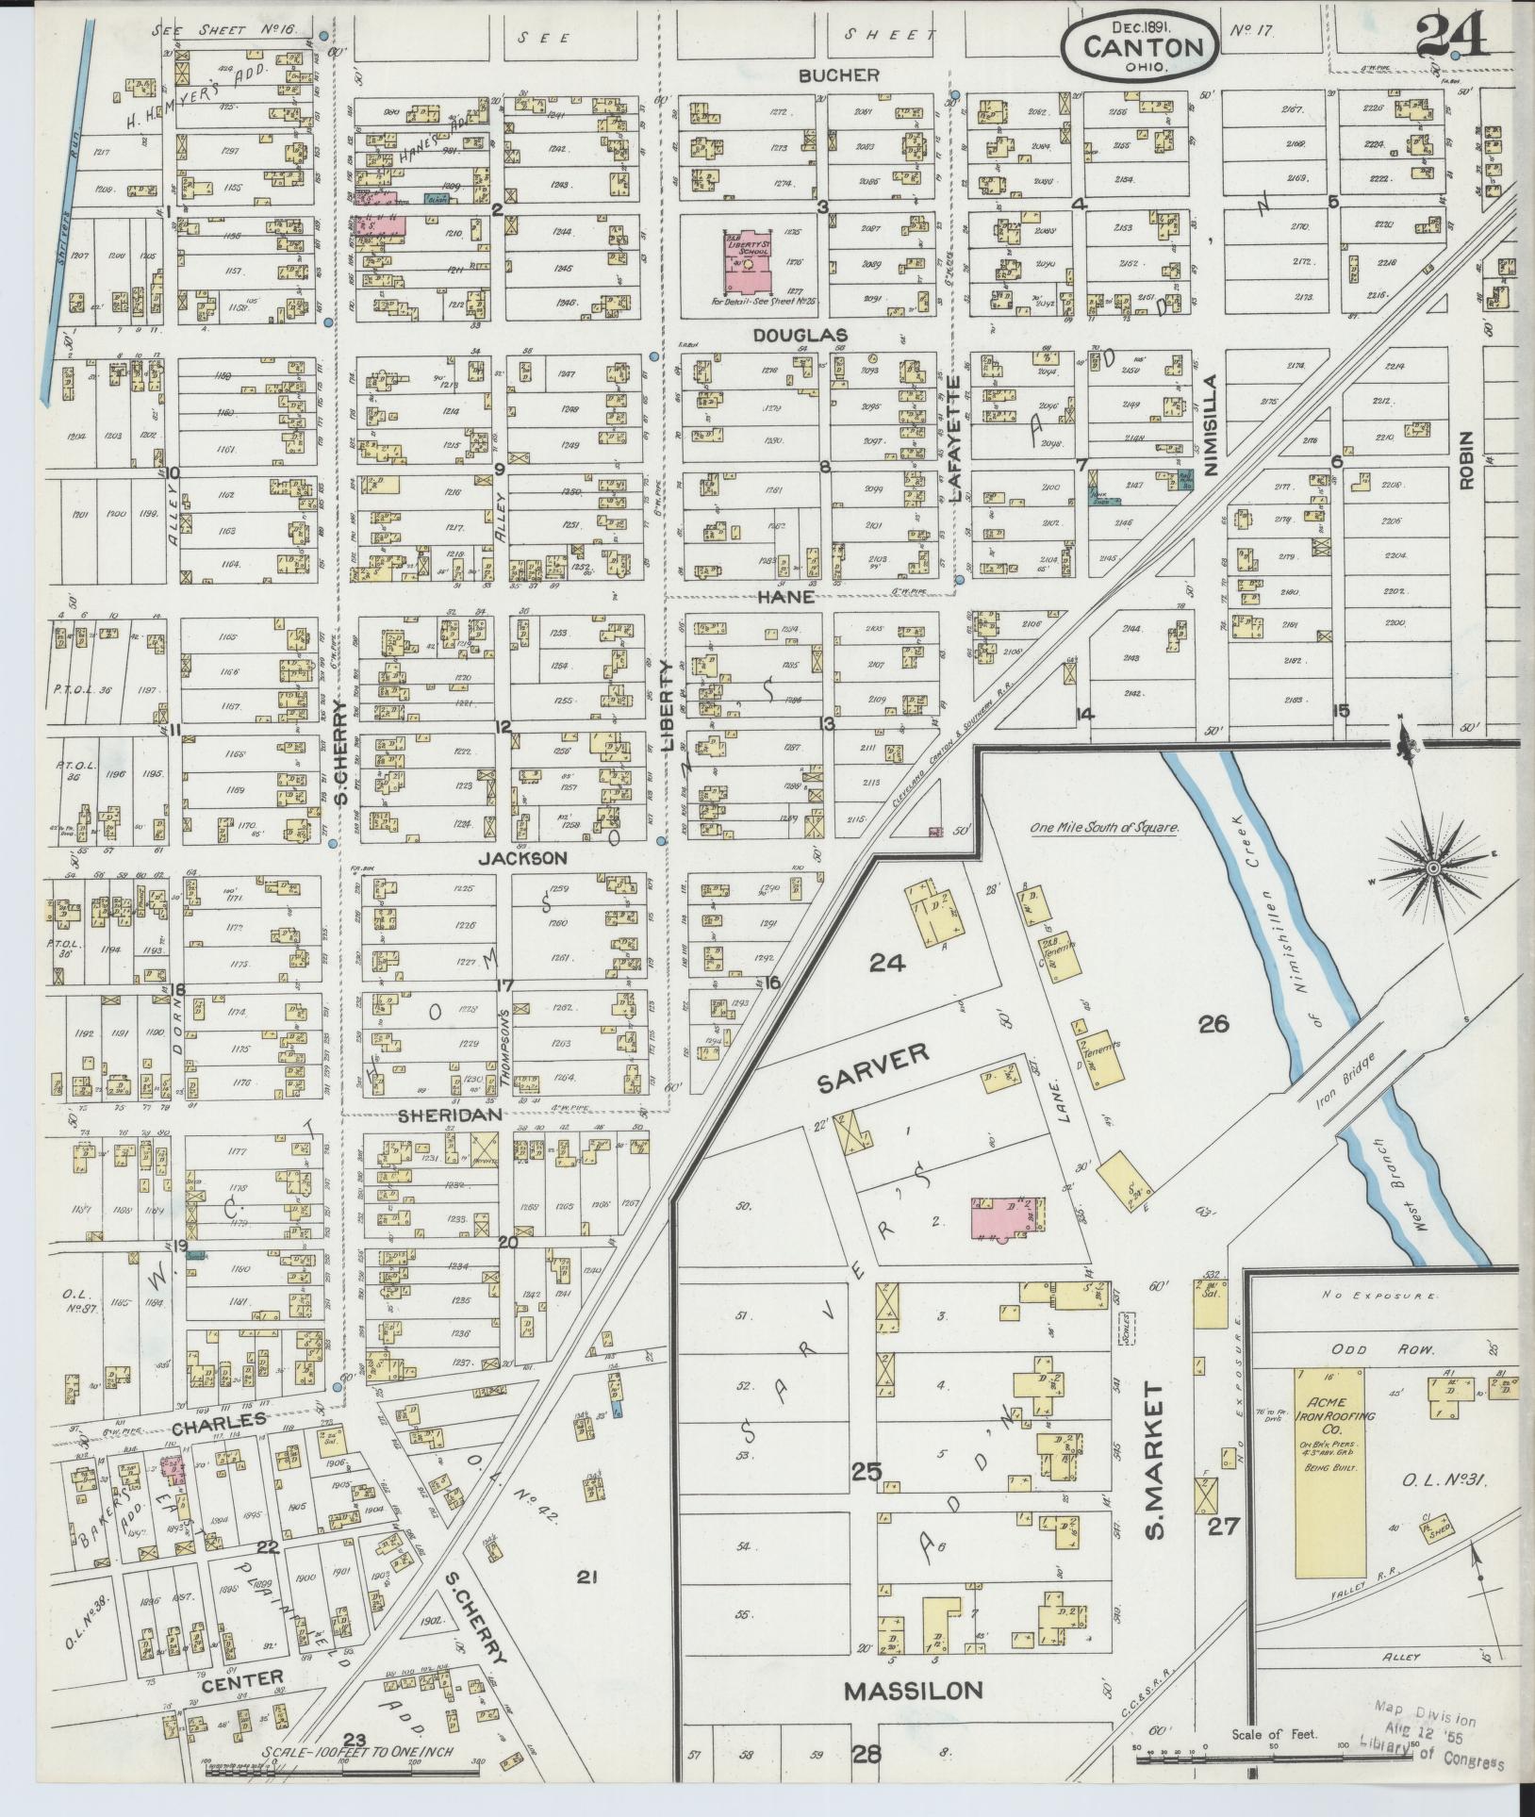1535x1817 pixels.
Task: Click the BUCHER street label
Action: pyautogui.click(x=838, y=75)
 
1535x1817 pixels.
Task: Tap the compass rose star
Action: pyautogui.click(x=1432, y=867)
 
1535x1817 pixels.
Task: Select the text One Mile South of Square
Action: pyautogui.click(x=1104, y=828)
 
